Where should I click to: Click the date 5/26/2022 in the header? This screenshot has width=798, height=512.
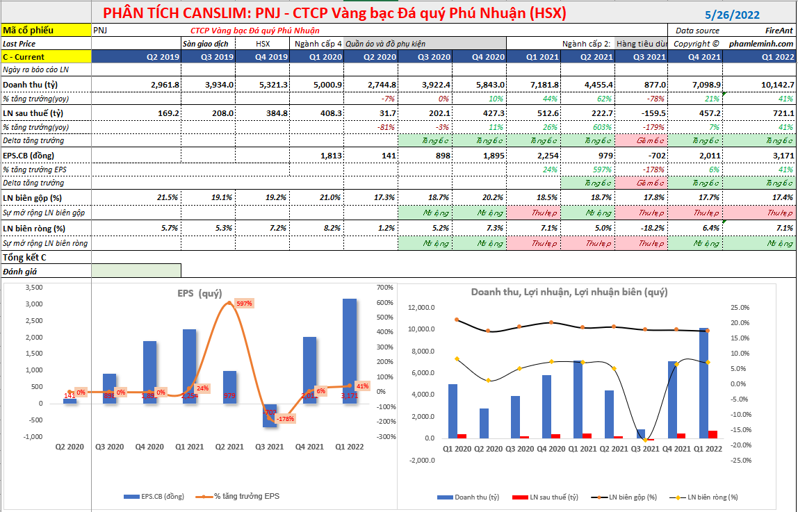point(732,15)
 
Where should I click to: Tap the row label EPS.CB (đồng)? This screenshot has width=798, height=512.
point(29,155)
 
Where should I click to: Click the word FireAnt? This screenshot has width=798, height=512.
point(778,31)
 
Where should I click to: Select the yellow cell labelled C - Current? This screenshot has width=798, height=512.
point(46,57)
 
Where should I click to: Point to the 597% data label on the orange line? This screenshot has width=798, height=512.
point(244,304)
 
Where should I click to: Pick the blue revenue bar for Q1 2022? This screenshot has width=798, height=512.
point(704,383)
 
